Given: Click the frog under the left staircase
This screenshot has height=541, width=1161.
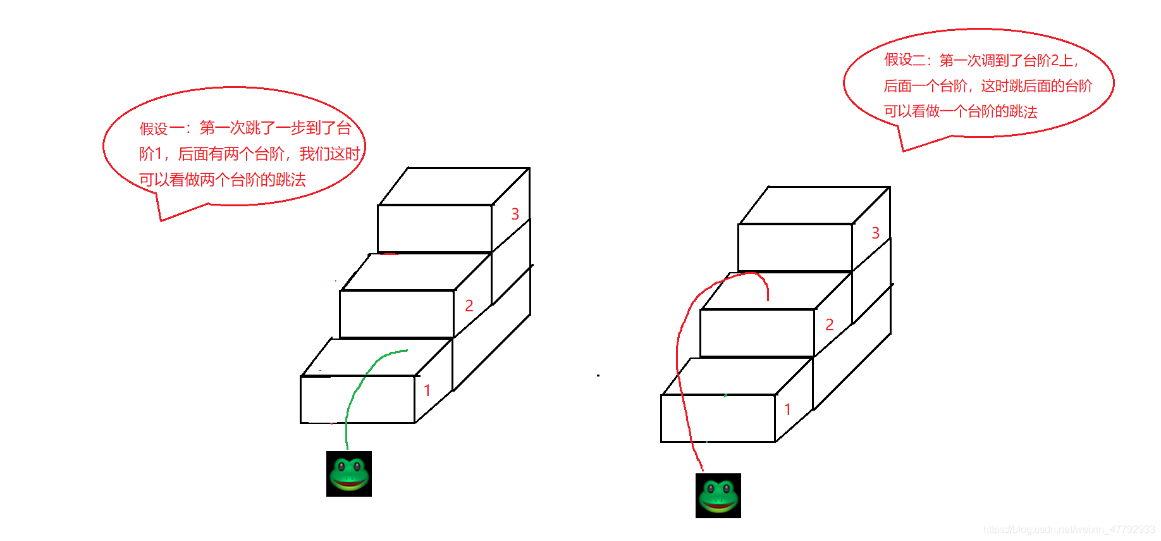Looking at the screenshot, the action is click(x=349, y=474).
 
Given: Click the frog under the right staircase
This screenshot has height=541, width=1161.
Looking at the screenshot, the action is click(x=718, y=495).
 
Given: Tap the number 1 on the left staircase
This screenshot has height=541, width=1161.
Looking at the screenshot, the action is click(x=427, y=390).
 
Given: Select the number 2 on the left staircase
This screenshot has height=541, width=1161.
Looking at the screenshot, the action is click(x=469, y=306).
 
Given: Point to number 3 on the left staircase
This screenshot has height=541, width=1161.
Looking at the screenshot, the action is click(x=515, y=214).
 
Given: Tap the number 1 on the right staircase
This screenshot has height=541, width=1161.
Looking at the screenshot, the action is click(x=788, y=409).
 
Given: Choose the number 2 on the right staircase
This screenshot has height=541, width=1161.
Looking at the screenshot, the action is click(x=830, y=325).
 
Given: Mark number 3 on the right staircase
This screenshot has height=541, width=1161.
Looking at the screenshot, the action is click(x=876, y=233).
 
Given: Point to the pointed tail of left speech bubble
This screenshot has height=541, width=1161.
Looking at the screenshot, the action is click(x=162, y=220).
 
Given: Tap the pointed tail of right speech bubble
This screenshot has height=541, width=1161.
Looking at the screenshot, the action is click(x=904, y=151).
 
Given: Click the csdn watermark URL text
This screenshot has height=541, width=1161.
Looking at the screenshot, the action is click(x=1069, y=530).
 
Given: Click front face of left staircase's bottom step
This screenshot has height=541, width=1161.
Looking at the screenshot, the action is click(x=357, y=399).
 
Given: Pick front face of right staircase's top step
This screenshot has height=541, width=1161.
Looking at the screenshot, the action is click(x=795, y=247).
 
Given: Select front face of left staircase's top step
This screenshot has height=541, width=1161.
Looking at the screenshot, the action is click(x=435, y=228).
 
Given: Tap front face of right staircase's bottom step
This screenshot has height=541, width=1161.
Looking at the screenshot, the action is click(x=718, y=418).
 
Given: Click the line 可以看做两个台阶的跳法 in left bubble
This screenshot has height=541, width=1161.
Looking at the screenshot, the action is click(x=223, y=180).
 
